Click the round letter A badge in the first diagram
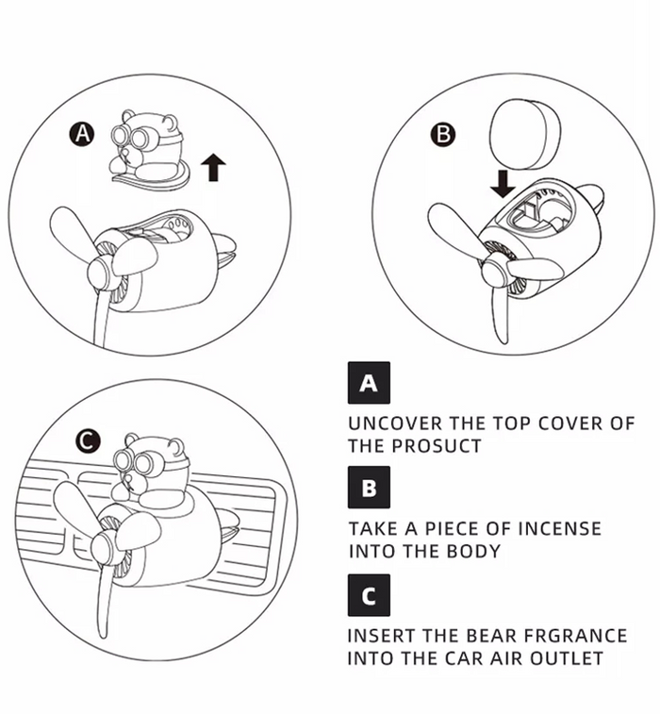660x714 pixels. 82,134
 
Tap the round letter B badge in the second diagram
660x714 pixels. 443,134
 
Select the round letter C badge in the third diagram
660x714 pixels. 89,440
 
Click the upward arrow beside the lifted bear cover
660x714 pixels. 213,167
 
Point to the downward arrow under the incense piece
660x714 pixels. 503,184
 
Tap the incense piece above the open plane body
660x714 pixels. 524,134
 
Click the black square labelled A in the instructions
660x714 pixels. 369,383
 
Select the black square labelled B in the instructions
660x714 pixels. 369,488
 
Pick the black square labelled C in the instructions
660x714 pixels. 369,595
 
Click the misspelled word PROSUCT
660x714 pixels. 437,446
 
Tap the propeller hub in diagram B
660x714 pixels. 494,271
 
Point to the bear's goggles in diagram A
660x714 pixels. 134,136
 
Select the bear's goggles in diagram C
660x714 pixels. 136,462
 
